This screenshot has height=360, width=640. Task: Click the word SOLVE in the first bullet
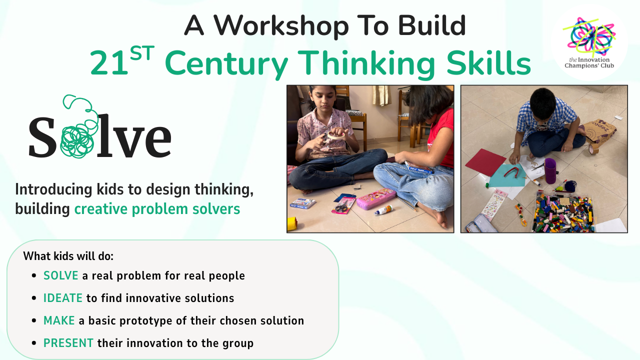pyautogui.click(x=60, y=275)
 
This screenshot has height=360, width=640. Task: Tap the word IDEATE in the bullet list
pyautogui.click(x=63, y=298)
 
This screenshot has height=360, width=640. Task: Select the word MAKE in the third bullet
pyautogui.click(x=59, y=320)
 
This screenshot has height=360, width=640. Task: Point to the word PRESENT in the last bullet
pyautogui.click(x=68, y=343)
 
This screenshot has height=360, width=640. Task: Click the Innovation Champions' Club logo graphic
pyautogui.click(x=589, y=36)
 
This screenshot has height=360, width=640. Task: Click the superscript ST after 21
pyautogui.click(x=142, y=53)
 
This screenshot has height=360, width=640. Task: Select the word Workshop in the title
pyautogui.click(x=281, y=25)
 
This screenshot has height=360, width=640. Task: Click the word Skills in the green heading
pyautogui.click(x=488, y=63)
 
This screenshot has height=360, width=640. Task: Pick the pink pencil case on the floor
pyautogui.click(x=376, y=198)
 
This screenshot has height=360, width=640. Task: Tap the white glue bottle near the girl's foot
pyautogui.click(x=383, y=210)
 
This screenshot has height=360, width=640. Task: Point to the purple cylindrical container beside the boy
pyautogui.click(x=550, y=170)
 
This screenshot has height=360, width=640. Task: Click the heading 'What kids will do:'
pyautogui.click(x=68, y=256)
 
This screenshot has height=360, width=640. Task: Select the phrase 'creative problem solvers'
pyautogui.click(x=157, y=209)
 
